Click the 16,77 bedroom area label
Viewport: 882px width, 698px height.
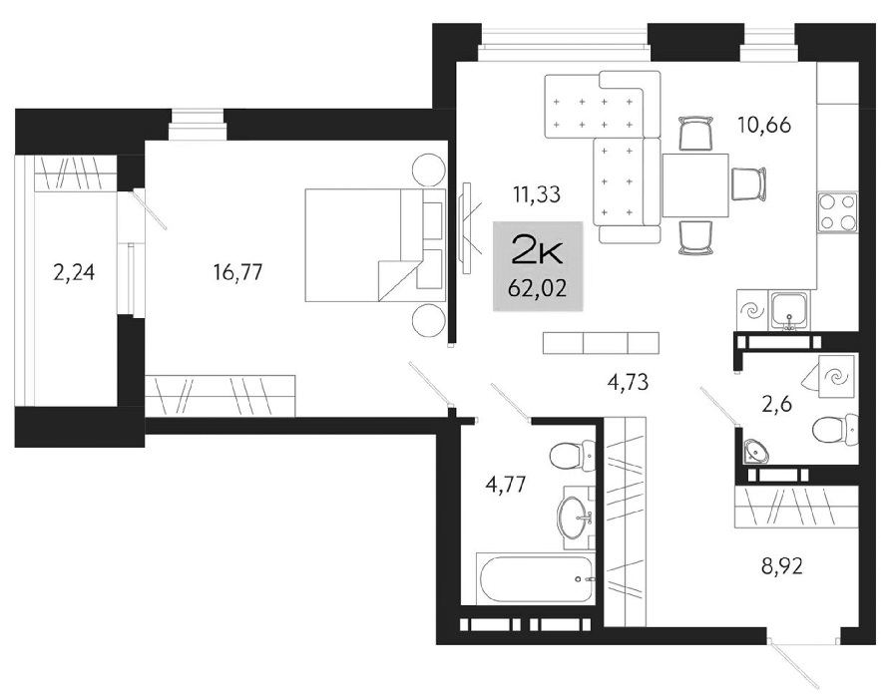click(x=237, y=272)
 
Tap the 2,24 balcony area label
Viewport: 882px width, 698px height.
click(x=74, y=273)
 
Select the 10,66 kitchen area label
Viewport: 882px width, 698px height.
click(x=764, y=125)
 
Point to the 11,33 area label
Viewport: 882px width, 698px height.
click(x=537, y=194)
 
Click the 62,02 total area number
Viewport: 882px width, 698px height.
click(x=537, y=289)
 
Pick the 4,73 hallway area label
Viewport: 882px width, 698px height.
click(x=629, y=382)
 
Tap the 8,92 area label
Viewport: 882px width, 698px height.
click(x=782, y=566)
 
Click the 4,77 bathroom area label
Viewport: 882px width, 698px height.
click(x=506, y=484)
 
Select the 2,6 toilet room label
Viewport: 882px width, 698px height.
click(x=777, y=404)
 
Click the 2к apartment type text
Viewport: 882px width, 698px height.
click(x=537, y=251)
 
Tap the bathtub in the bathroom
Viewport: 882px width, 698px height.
click(x=535, y=579)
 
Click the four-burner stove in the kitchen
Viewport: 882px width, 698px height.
click(x=837, y=211)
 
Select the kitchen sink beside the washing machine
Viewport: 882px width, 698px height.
click(x=790, y=311)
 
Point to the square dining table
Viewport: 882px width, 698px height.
click(x=695, y=184)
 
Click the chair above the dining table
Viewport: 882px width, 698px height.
click(x=696, y=134)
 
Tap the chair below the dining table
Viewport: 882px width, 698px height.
click(x=696, y=237)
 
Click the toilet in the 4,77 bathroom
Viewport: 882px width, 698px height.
click(x=571, y=456)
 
